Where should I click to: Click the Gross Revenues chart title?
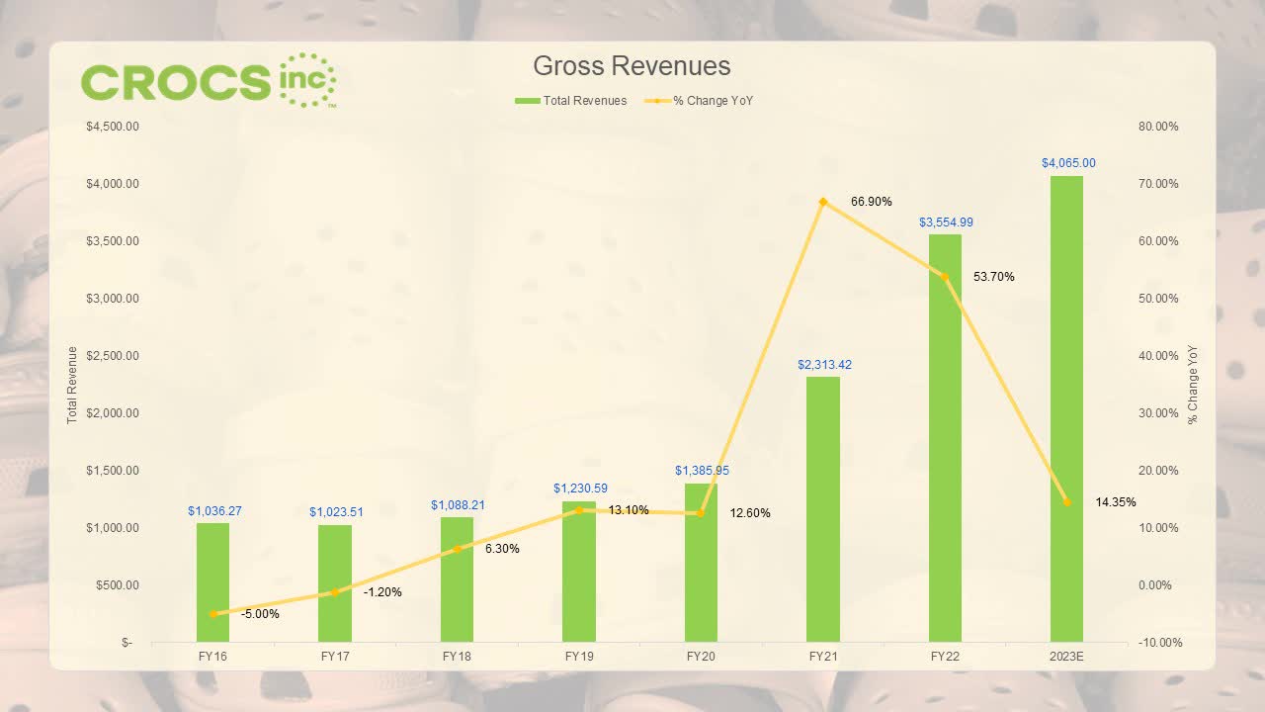pyautogui.click(x=632, y=66)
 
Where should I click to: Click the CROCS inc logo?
pyautogui.click(x=209, y=80)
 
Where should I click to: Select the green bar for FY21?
pyautogui.click(x=822, y=509)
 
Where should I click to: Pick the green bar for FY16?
pyautogui.click(x=212, y=582)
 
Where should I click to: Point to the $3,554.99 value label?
pyautogui.click(x=946, y=222)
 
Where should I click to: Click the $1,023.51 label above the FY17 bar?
pyautogui.click(x=336, y=512)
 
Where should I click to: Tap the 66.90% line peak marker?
pyautogui.click(x=822, y=202)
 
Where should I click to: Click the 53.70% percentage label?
pyautogui.click(x=993, y=277)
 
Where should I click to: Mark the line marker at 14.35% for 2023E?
pyautogui.click(x=1066, y=502)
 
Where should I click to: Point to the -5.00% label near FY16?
pyautogui.click(x=260, y=614)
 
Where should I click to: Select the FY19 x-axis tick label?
pyautogui.click(x=578, y=656)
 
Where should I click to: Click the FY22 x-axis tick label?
pyautogui.click(x=944, y=656)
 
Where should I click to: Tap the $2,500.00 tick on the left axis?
pyautogui.click(x=112, y=356)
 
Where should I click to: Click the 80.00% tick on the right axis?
pyautogui.click(x=1158, y=127)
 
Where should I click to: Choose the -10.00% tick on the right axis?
pyautogui.click(x=1158, y=643)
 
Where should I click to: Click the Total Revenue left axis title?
pyautogui.click(x=72, y=386)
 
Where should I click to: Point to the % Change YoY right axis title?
pyautogui.click(x=1193, y=386)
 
